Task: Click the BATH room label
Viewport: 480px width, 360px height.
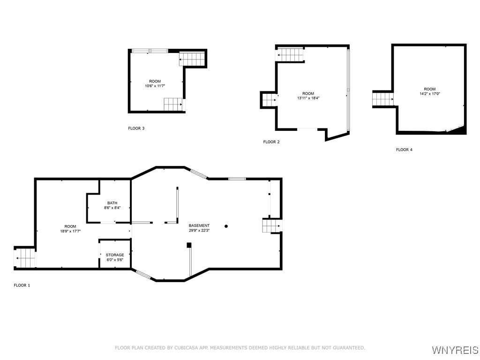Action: (112, 203)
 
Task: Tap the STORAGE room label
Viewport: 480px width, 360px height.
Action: (115, 255)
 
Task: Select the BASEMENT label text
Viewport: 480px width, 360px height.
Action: (199, 225)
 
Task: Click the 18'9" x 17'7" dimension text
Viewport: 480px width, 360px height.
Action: (70, 232)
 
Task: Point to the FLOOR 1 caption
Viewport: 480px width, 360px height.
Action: (22, 285)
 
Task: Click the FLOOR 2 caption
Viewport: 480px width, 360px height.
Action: (271, 142)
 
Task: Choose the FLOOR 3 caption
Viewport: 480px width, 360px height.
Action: (136, 128)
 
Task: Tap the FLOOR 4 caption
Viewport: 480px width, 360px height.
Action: (404, 150)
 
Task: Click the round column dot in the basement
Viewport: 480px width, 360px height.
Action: (226, 226)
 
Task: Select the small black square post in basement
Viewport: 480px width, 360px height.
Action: (189, 245)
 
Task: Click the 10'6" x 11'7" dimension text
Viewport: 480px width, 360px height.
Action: (155, 86)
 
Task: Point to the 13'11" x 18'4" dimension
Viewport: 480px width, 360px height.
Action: (308, 98)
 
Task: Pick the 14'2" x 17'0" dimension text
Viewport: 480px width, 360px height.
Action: (430, 94)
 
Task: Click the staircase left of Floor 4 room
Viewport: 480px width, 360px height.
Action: (382, 99)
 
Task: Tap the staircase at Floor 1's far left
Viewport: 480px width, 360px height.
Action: (25, 258)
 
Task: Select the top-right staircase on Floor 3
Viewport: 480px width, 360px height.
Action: (192, 59)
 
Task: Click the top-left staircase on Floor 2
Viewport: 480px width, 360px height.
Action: (290, 55)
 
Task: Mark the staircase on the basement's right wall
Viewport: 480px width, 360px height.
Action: (271, 226)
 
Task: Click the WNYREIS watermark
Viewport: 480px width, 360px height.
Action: (455, 350)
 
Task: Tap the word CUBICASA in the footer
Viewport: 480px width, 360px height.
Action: (187, 348)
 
